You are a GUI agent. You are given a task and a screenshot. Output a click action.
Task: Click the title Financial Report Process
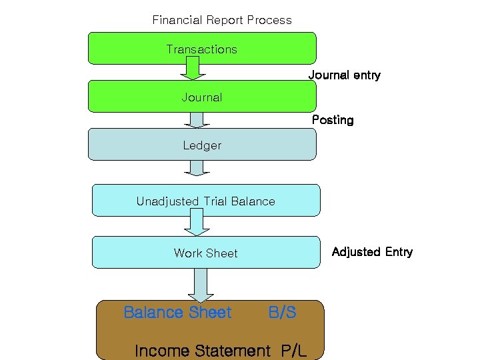[222, 20]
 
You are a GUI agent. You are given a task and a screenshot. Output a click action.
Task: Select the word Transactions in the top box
[201, 49]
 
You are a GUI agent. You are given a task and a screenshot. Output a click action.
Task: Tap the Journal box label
[201, 97]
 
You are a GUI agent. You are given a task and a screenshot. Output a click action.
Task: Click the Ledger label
[202, 145]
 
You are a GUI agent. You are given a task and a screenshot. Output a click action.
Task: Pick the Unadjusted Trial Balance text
[205, 201]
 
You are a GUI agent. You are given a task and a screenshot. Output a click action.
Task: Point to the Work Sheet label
[205, 253]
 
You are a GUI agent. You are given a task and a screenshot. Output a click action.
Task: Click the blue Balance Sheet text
[177, 312]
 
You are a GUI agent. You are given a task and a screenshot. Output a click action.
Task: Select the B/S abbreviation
[282, 312]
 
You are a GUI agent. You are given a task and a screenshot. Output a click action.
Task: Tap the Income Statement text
[203, 351]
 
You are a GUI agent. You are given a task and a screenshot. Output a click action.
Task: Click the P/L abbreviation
[293, 351]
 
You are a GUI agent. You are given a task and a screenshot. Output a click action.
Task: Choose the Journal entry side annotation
[344, 75]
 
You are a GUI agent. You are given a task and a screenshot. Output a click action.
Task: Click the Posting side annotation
[333, 120]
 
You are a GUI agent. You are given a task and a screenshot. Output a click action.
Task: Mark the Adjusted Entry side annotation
[372, 252]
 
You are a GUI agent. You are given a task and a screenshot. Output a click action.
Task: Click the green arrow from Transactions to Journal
[193, 68]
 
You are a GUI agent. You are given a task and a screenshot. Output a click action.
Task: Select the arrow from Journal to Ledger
[196, 119]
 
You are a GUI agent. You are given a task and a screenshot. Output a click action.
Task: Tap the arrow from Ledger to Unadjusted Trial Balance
[196, 168]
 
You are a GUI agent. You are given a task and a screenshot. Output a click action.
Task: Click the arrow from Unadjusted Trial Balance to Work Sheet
[197, 223]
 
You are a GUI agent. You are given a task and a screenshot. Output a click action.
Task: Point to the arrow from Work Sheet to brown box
[201, 285]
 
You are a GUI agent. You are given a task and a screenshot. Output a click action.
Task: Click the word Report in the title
[223, 20]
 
